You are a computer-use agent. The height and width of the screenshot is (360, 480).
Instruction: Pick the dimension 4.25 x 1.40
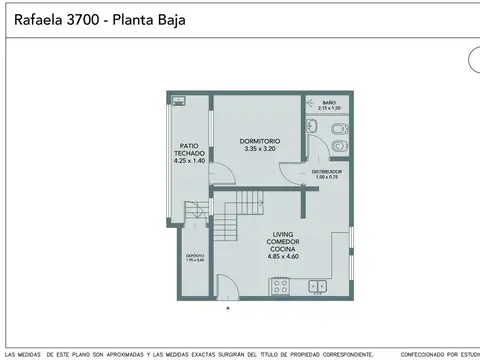point(188,160)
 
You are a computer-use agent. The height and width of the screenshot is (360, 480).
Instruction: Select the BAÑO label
point(329,101)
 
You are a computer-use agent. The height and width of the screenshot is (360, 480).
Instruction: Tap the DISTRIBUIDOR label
point(326,172)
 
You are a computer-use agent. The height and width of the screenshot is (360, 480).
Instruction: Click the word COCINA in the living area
point(281,249)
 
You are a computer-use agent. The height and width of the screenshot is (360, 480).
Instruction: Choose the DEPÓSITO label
point(195,255)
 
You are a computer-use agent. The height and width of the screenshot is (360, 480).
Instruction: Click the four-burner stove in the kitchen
point(280,286)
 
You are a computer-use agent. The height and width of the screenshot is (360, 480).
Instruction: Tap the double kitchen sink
point(320,287)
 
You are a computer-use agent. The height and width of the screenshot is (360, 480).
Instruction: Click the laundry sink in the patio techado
point(179,100)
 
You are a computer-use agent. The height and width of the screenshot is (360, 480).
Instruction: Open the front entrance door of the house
point(228,288)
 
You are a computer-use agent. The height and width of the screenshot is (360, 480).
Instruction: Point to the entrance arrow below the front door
point(229,308)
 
